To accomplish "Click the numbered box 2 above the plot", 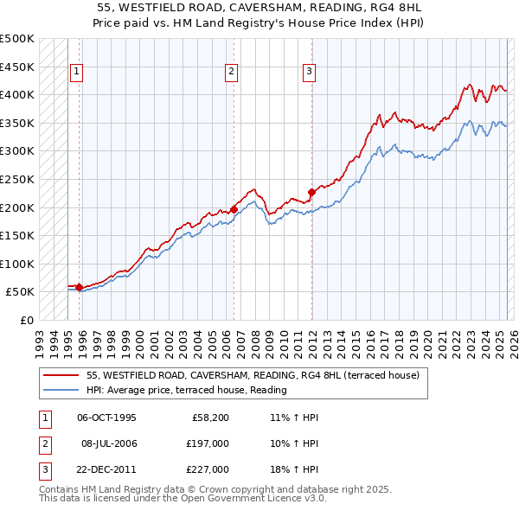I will pyautogui.click(x=233, y=73).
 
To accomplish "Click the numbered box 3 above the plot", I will pyautogui.click(x=310, y=73).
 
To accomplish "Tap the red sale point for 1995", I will pyautogui.click(x=79, y=287).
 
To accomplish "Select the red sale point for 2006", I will pyautogui.click(x=234, y=208).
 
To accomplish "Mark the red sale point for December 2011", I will pyautogui.click(x=311, y=192).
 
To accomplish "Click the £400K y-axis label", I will pyautogui.click(x=17, y=94).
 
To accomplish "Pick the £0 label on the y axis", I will pyautogui.click(x=28, y=320).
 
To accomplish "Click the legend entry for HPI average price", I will pyautogui.click(x=186, y=391).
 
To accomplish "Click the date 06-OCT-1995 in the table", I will pyautogui.click(x=106, y=418).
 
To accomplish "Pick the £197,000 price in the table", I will pyautogui.click(x=208, y=443).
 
